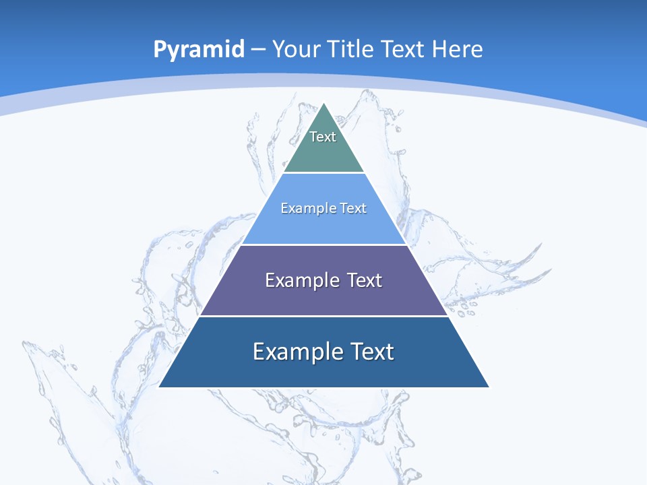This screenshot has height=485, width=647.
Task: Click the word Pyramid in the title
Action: [x=198, y=50]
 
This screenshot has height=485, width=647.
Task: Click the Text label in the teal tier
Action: [x=323, y=137]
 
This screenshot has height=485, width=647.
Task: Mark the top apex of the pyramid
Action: [x=324, y=103]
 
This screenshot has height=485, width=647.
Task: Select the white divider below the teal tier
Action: [x=323, y=173]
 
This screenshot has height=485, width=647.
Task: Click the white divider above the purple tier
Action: [x=323, y=245]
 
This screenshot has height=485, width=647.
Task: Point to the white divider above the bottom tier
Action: [x=323, y=316]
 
